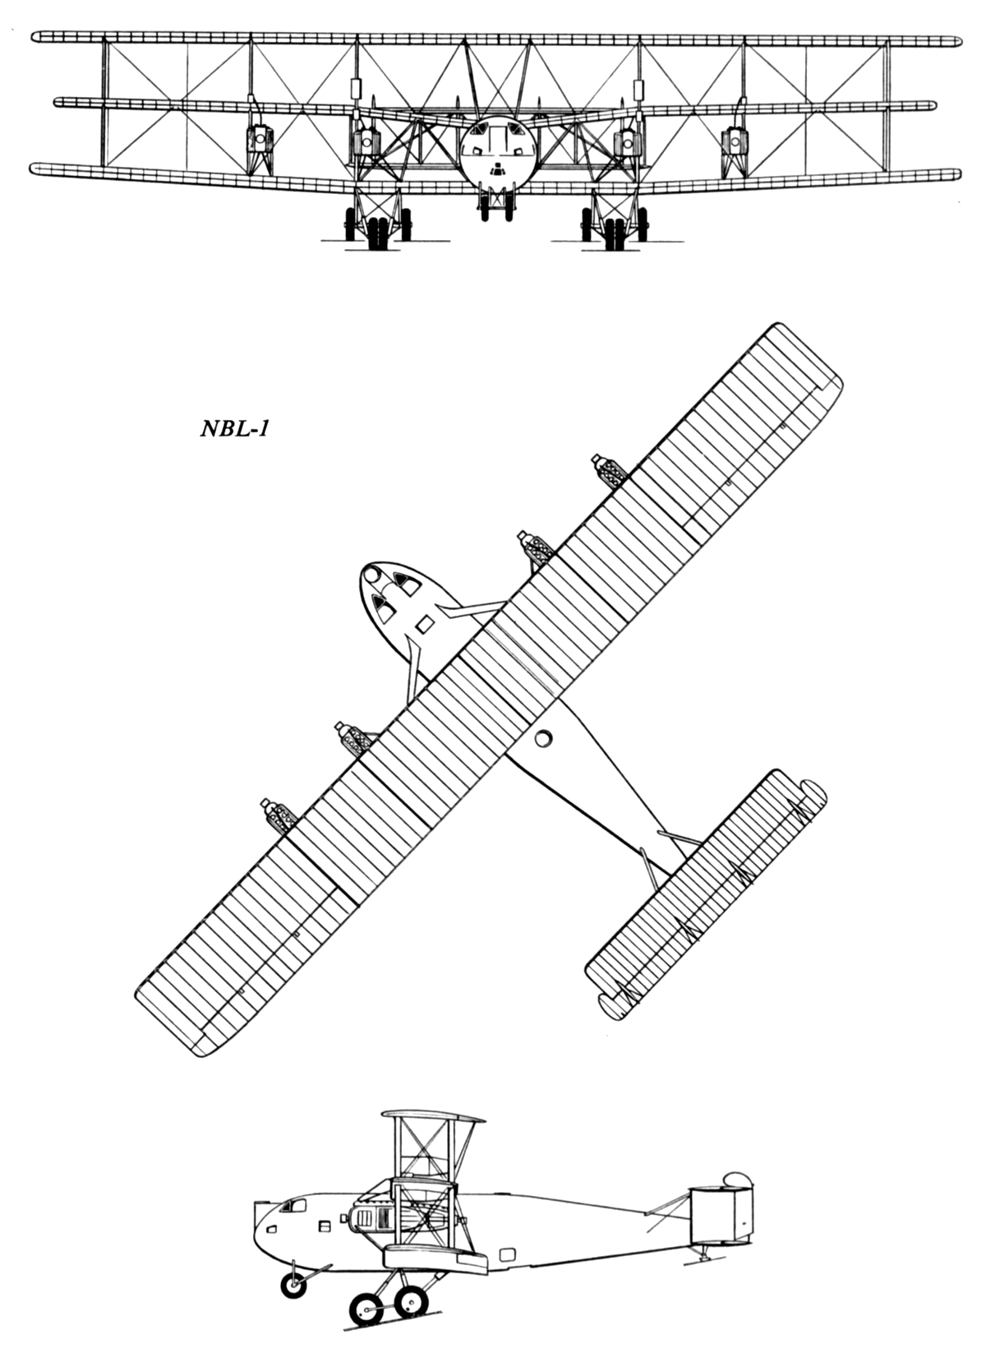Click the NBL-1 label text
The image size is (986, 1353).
234,428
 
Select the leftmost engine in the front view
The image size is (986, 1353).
260,141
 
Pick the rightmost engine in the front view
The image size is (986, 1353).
735,142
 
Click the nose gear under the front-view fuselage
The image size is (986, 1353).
498,204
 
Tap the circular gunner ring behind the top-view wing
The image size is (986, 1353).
544,737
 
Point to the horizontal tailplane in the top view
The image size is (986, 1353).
706,895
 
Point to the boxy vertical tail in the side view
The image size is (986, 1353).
721,1203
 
